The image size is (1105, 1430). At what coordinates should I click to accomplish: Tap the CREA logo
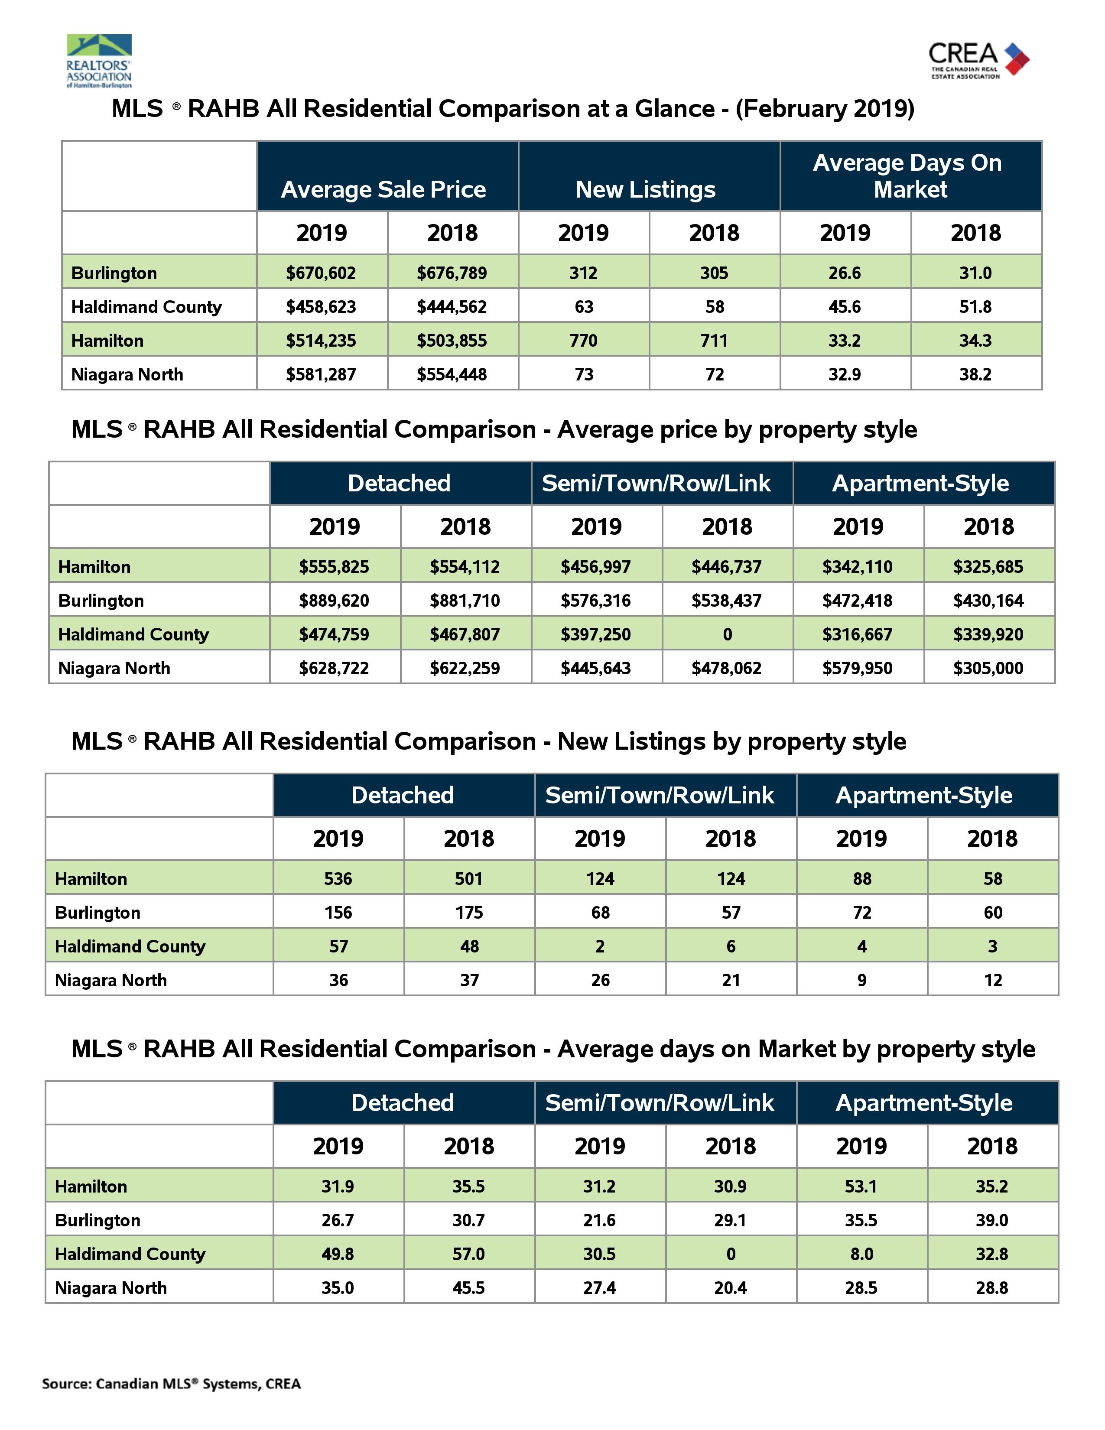[978, 60]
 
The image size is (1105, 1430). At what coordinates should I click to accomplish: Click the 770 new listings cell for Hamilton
[583, 341]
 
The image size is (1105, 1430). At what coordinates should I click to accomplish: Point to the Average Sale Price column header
[383, 189]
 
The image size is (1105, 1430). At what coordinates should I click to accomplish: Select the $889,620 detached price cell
[334, 601]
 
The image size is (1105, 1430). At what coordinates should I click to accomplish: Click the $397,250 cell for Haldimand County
[596, 634]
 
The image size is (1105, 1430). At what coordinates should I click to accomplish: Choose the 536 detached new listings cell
[338, 879]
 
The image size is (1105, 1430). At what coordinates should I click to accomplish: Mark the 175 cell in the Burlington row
[469, 913]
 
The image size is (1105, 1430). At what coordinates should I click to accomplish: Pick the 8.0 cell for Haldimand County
[861, 1254]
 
